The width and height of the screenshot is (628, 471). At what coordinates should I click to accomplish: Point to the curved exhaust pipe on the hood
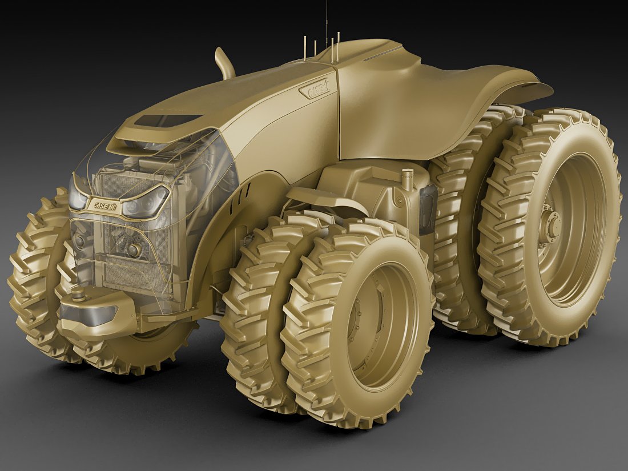point(225,63)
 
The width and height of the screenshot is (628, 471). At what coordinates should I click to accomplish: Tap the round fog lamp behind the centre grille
point(133,250)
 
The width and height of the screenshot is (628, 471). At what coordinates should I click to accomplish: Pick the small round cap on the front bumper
point(78,295)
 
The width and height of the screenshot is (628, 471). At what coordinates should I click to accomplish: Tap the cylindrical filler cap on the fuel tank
point(408,179)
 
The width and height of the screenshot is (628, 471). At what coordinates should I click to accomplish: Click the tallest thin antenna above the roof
point(327,23)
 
